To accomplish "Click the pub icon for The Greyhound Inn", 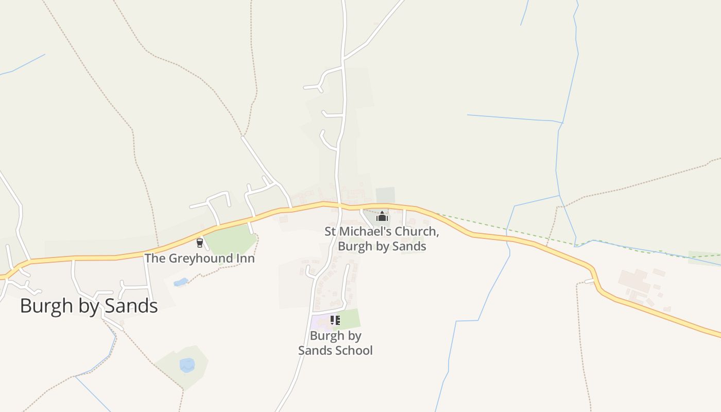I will pos(200,243).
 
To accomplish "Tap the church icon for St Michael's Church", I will pos(382,216).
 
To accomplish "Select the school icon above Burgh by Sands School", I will pos(335,320).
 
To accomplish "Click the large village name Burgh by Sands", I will pos(89,306).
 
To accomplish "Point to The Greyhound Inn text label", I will pos(199,258).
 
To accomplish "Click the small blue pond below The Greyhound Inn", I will pos(181,282).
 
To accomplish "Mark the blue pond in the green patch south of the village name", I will pos(187,365).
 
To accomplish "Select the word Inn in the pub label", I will pos(245,258).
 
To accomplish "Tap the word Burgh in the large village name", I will pos(43,306).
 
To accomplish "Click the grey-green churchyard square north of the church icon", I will pos(385,195).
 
